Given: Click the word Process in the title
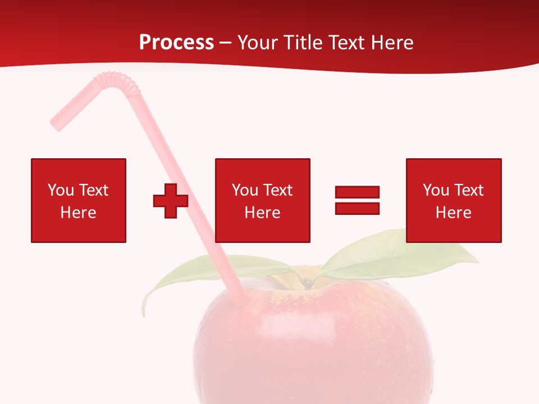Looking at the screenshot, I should pos(176,43).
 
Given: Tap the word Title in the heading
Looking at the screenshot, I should pos(306,43).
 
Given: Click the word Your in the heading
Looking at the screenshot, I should pos(259,43).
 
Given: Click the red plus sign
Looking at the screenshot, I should pos(171,200).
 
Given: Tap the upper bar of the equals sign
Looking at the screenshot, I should pos(357,192).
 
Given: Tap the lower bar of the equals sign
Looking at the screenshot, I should pos(357,208).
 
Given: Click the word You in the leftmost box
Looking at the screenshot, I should pos(61,190).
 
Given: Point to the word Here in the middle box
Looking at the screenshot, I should pos(263,213).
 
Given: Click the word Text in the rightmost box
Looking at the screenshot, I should pos(469,190).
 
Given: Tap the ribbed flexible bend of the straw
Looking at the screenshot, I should pos(121,83).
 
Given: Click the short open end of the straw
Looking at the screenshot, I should pos(57,124).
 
